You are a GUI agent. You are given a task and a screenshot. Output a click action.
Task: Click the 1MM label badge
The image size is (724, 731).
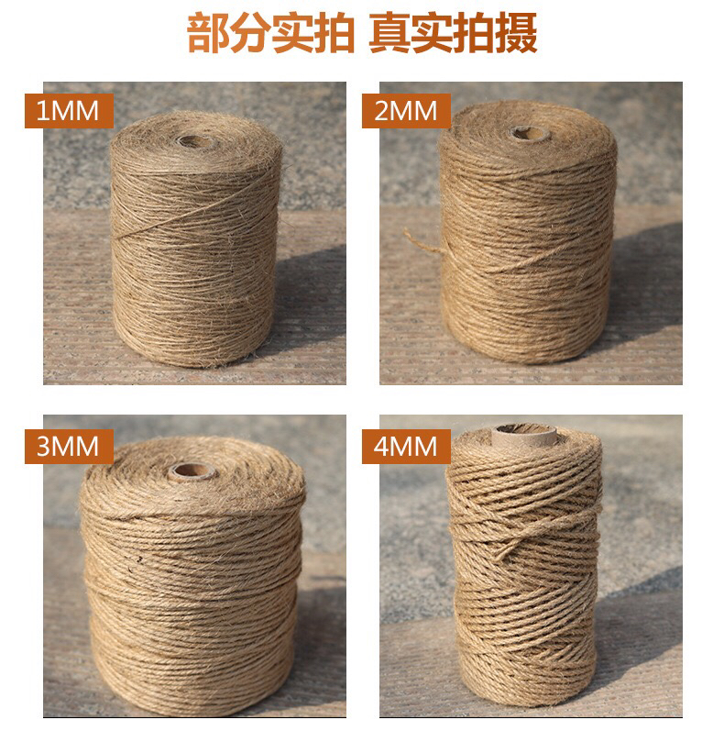point(69,111)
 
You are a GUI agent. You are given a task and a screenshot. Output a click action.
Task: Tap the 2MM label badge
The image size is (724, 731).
point(406,111)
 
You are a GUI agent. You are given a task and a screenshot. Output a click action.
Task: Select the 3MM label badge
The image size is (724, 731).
point(69,447)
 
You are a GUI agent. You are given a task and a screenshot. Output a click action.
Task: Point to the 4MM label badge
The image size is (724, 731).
point(406,447)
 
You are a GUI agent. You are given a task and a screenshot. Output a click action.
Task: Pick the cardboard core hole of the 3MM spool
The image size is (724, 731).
point(192,471)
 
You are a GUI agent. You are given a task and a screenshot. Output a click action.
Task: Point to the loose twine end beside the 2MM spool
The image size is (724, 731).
point(422,241)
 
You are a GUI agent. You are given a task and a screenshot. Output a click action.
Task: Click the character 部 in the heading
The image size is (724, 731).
point(207,33)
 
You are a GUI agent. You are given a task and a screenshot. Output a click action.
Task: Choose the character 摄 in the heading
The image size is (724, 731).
point(516,33)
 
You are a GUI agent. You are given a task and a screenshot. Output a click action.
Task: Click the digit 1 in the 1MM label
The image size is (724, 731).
point(42,111)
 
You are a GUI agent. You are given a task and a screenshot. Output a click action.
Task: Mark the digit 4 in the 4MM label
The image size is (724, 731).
point(381,447)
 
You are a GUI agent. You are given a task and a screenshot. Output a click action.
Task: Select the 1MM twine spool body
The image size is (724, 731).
point(196,238)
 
